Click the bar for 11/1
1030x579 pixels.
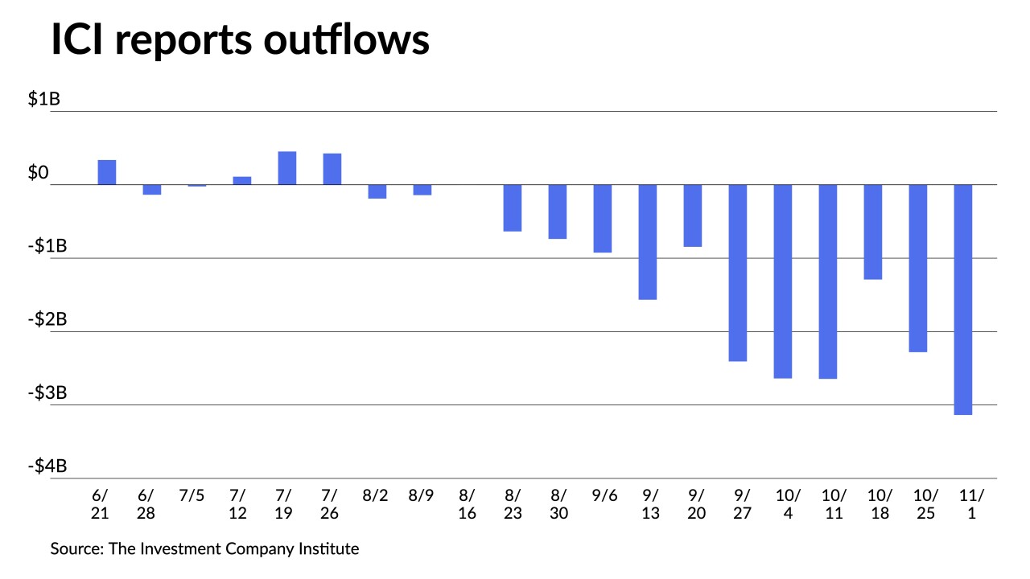(963, 299)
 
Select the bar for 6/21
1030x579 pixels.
(107, 172)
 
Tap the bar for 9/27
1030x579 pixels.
(738, 273)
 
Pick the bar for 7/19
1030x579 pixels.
(287, 168)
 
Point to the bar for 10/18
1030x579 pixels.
(873, 232)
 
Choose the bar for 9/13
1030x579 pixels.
(648, 242)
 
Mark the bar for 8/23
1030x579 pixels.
(513, 207)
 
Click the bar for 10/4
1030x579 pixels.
(783, 281)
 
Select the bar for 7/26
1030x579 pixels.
(332, 169)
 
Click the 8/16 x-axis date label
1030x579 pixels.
(468, 504)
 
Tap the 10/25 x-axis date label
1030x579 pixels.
(925, 504)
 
